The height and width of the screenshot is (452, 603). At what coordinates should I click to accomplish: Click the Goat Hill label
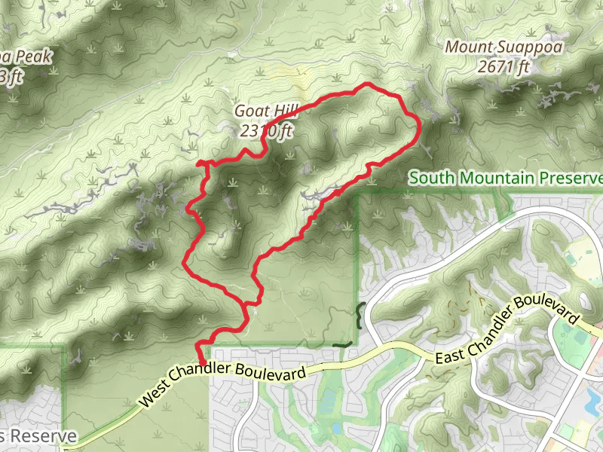coord(262,111)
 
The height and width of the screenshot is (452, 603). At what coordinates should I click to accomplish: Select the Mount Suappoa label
coord(504,47)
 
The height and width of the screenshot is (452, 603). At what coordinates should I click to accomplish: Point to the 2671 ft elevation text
coord(504,67)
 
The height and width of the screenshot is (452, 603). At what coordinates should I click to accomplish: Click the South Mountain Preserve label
coord(506,179)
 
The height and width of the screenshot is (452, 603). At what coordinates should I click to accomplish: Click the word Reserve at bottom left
coord(48,437)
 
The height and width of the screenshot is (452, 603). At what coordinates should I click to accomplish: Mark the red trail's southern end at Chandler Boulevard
coord(202,362)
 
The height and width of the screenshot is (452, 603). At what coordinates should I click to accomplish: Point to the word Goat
coord(249,111)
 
